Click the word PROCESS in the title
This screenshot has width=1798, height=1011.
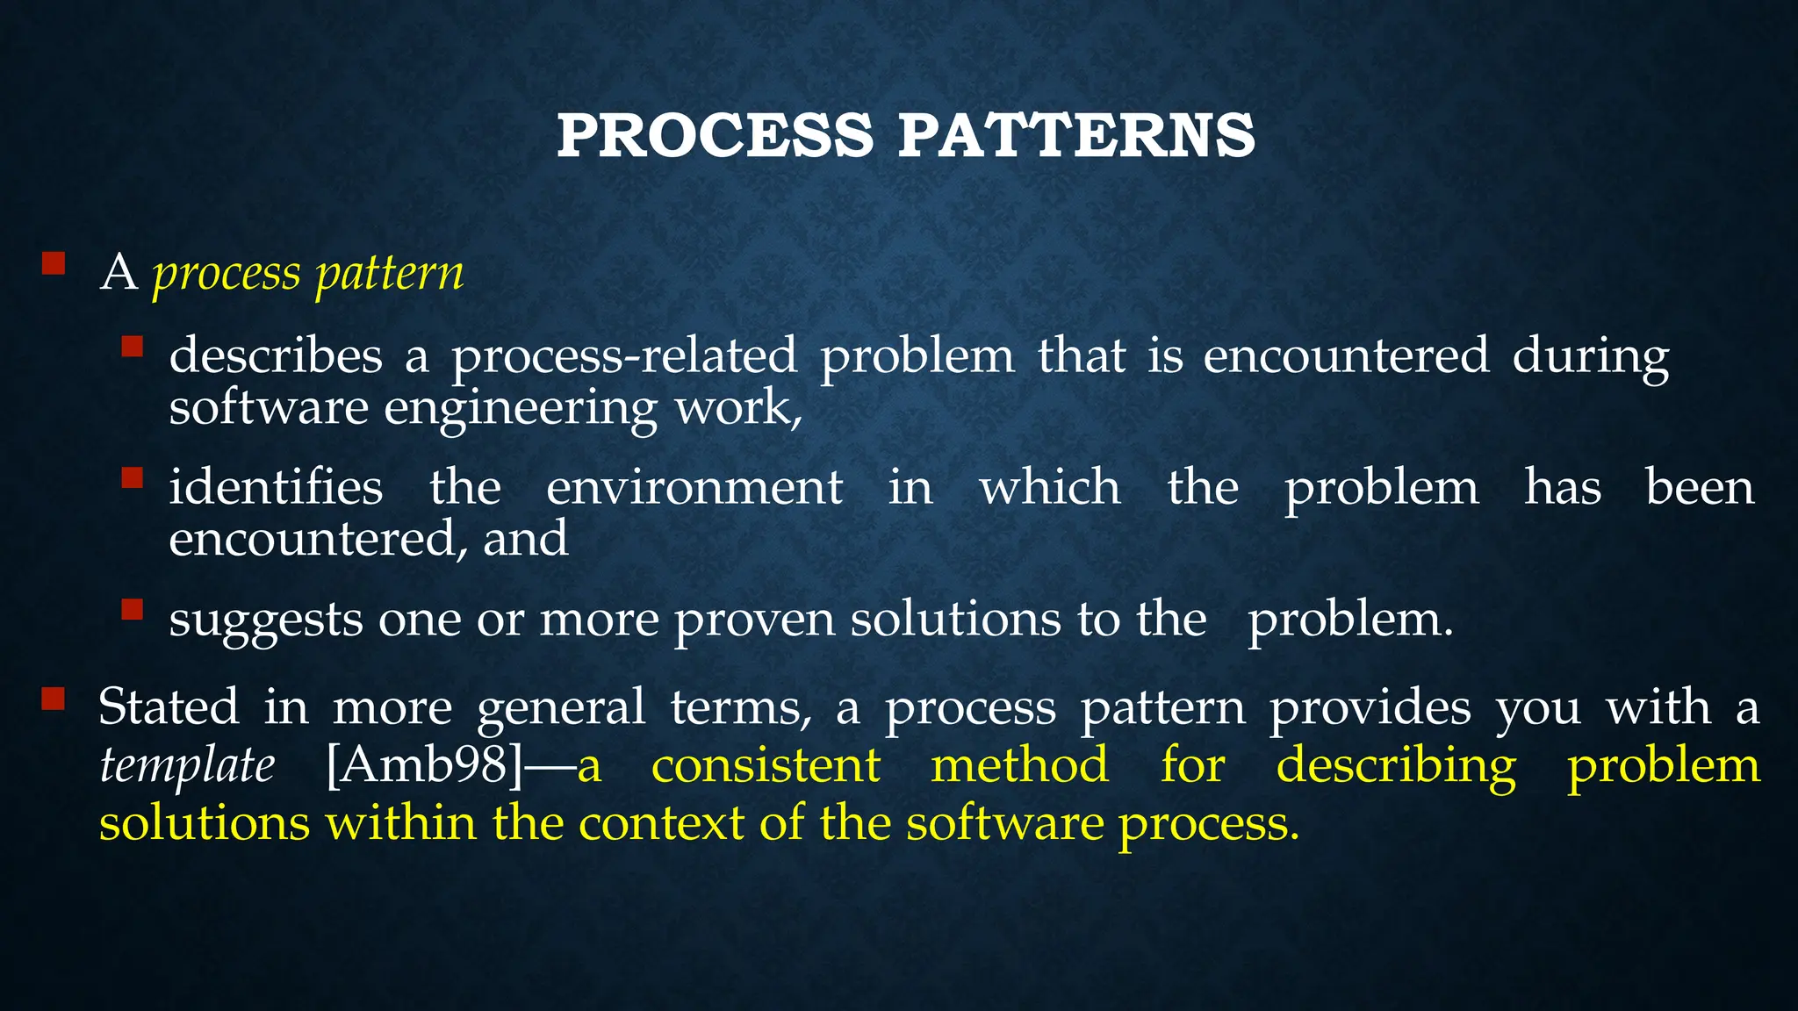pyautogui.click(x=715, y=136)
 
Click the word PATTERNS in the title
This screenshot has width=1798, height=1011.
pyautogui.click(x=1076, y=136)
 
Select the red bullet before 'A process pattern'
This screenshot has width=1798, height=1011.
pyautogui.click(x=54, y=263)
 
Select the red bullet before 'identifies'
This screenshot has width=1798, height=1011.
pyautogui.click(x=132, y=477)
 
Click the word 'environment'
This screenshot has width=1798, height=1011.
pyautogui.click(x=694, y=487)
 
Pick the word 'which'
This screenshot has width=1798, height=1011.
pyautogui.click(x=1050, y=487)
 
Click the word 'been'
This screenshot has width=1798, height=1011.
pyautogui.click(x=1700, y=487)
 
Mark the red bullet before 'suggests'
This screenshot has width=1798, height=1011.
pyautogui.click(x=132, y=609)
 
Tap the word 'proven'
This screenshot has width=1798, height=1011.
pyautogui.click(x=754, y=620)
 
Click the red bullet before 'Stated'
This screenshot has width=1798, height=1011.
pyautogui.click(x=54, y=699)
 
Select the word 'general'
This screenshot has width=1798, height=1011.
pyautogui.click(x=561, y=707)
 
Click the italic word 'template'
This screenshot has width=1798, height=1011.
pyautogui.click(x=187, y=765)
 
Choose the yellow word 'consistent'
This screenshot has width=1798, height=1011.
pyautogui.click(x=766, y=765)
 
